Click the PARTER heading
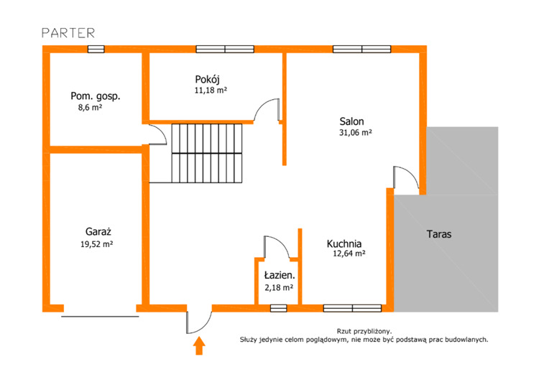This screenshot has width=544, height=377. [68, 33]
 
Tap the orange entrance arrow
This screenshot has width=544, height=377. [199, 346]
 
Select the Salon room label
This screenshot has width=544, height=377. [351, 121]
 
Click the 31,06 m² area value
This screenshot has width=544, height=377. [355, 132]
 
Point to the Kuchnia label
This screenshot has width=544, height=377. [344, 243]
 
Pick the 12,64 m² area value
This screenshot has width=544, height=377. [349, 253]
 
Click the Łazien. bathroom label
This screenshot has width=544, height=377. [280, 275]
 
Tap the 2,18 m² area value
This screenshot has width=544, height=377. [279, 287]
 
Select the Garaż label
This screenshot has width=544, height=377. [98, 232]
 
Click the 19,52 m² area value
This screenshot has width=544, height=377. [97, 244]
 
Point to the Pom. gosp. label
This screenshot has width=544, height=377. [96, 96]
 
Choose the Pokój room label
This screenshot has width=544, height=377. [208, 80]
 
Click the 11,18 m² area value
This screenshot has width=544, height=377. [211, 90]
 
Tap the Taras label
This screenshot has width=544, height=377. [439, 234]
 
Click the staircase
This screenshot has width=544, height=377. [207, 153]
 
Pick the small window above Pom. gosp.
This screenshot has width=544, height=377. [96, 50]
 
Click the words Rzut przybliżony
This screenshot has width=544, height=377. [364, 332]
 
